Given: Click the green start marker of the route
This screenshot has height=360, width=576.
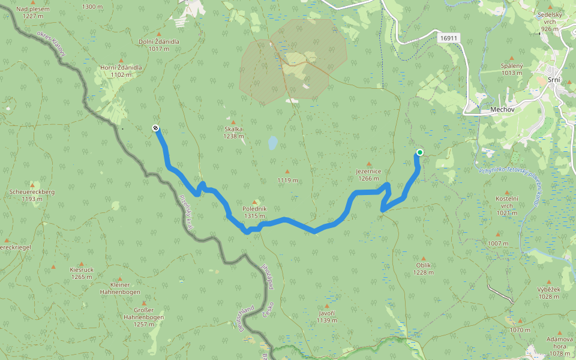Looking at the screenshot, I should [419, 152].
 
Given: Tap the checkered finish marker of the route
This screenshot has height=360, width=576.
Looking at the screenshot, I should [155, 127].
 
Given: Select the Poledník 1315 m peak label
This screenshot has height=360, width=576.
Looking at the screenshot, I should [254, 212].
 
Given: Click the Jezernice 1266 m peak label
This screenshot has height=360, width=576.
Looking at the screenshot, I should [368, 175].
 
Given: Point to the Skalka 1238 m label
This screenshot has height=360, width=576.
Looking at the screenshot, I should [233, 133].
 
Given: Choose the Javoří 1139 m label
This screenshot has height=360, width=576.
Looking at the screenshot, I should [327, 317].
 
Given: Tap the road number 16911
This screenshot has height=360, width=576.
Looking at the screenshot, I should [448, 38].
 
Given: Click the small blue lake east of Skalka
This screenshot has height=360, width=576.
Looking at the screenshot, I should [272, 143].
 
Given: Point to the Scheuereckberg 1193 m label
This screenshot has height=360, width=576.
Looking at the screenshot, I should [32, 195].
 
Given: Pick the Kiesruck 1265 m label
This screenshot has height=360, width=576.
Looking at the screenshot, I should [82, 273].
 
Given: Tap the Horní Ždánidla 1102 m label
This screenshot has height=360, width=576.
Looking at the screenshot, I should [121, 71].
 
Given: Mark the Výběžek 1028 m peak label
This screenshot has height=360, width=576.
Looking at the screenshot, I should [548, 293].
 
